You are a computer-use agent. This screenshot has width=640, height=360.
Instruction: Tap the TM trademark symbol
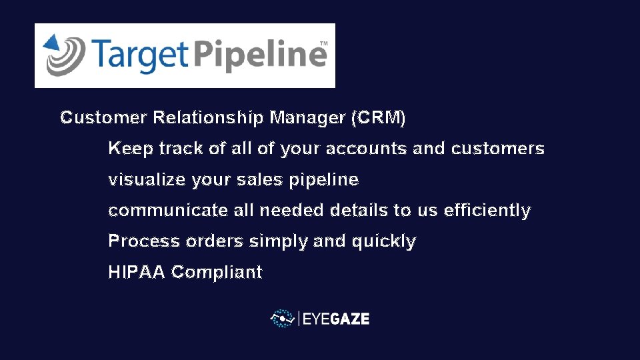[x=323, y=43]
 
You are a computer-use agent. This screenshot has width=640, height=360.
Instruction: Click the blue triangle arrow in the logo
[x=51, y=43]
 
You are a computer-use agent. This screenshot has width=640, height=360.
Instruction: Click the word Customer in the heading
[x=103, y=118]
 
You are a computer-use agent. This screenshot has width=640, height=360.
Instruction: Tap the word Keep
[x=131, y=149]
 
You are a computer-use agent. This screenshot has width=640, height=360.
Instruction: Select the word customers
[x=497, y=149]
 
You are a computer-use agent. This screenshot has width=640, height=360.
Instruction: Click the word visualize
[x=147, y=180]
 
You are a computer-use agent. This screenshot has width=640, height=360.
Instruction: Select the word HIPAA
[x=136, y=273]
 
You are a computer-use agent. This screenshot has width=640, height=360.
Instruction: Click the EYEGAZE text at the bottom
[x=335, y=319]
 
